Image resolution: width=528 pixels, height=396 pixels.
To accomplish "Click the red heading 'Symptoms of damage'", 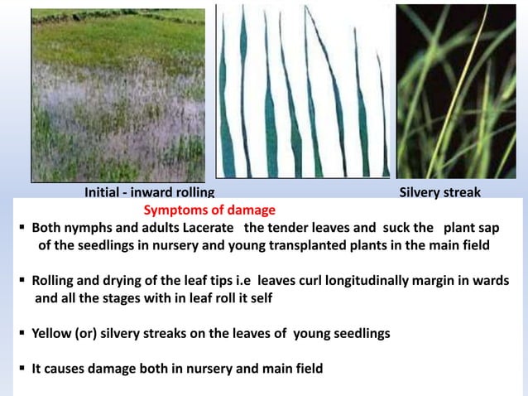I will (209, 210).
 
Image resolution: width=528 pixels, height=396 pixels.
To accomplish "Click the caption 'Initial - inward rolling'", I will (150, 193).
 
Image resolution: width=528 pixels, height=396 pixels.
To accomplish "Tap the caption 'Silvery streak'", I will (439, 193).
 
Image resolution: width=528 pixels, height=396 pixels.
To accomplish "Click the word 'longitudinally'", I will (353, 281).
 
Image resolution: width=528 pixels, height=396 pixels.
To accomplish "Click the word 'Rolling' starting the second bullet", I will (54, 281).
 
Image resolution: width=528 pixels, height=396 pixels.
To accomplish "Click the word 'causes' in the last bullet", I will (65, 369).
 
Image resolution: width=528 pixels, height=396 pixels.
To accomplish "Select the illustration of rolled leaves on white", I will (303, 91).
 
